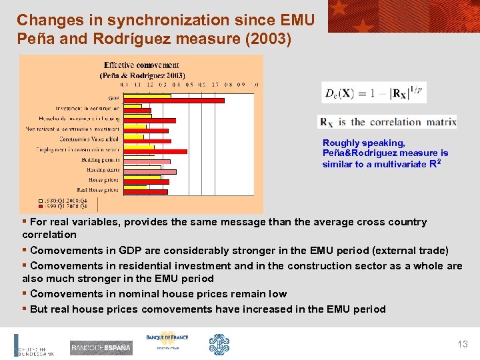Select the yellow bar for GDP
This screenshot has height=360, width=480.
point(147,96)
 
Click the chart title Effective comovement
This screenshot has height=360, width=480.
point(141,65)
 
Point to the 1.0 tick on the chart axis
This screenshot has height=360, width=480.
point(256,85)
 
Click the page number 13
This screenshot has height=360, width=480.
point(463,344)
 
